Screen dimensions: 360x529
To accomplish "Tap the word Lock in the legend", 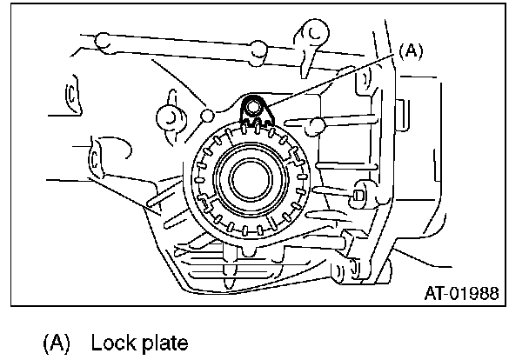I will [x=113, y=341].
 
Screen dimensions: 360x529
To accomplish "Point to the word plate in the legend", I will [x=165, y=341].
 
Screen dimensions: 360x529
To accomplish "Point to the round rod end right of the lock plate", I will [x=319, y=127].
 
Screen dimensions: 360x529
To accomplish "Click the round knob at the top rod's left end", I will [x=102, y=40].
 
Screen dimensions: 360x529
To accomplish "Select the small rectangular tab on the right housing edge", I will [x=402, y=114].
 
